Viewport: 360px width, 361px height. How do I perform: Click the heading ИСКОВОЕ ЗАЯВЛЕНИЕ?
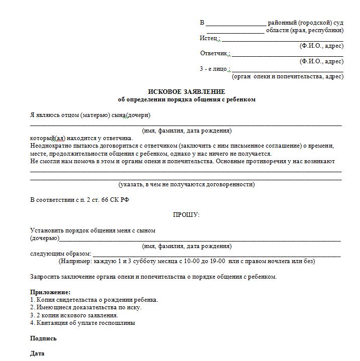(186, 92)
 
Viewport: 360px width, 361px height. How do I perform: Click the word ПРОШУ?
(186, 215)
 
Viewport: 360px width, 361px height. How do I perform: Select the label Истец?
(208, 38)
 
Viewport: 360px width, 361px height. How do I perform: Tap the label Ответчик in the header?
(214, 53)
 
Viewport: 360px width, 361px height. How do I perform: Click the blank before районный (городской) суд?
(235, 24)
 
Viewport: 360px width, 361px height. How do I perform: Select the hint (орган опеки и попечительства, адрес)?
(288, 77)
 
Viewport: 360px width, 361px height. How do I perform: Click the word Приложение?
(50, 292)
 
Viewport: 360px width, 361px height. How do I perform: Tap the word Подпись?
(43, 338)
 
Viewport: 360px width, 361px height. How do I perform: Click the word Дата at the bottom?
(37, 353)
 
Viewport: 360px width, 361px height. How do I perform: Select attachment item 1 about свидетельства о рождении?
(94, 300)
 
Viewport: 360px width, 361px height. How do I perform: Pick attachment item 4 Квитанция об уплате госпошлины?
(82, 323)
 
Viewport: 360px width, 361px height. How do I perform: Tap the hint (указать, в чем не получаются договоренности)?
(186, 184)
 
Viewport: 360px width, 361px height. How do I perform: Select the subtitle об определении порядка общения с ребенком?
(186, 99)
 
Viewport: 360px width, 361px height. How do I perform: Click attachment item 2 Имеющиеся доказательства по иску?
(85, 307)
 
